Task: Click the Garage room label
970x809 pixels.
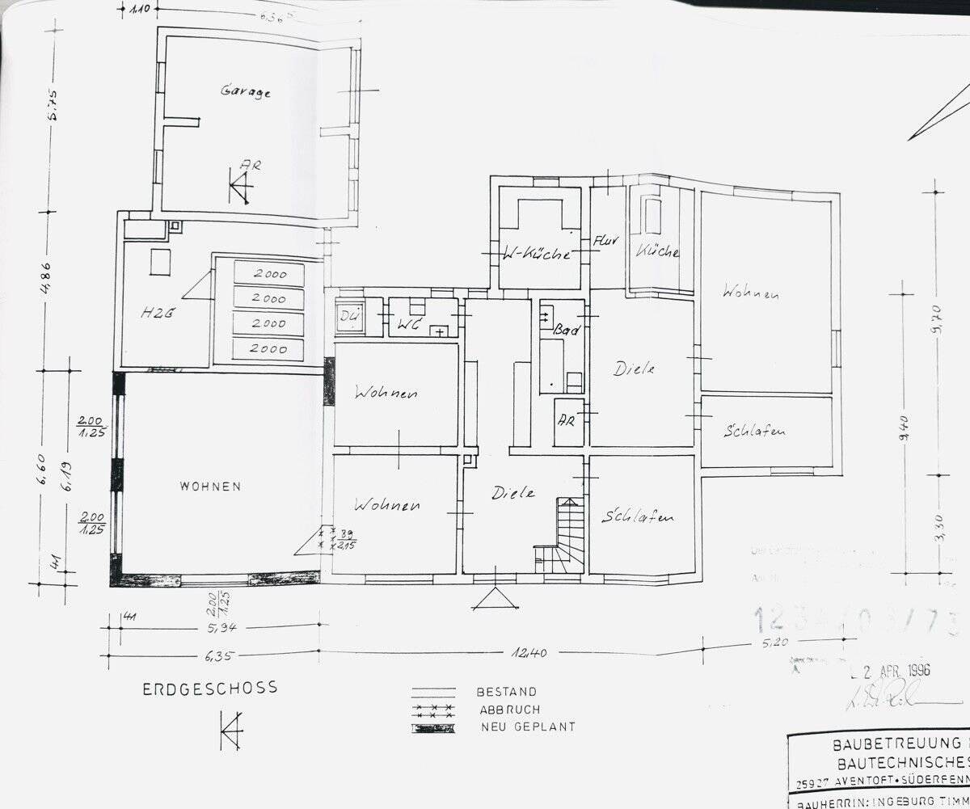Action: coord(246,91)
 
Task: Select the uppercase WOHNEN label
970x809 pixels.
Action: coord(210,487)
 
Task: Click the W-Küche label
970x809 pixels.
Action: coord(537,254)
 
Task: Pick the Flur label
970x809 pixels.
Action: coord(606,240)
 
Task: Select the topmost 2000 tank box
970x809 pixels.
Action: coord(269,274)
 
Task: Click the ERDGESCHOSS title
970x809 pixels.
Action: coord(210,689)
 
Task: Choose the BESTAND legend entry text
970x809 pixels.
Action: coord(507,692)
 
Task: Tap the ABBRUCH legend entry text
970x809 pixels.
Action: coord(509,709)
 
